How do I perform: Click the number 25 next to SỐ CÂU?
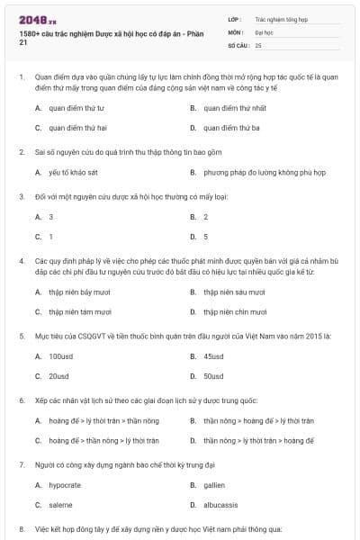[x=258, y=44]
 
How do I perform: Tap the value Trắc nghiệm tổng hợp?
[x=280, y=18]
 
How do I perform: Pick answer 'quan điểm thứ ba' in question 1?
[x=230, y=128]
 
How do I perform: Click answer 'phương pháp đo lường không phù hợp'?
[x=257, y=174]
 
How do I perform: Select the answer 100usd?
[x=60, y=355]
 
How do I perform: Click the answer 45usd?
[x=212, y=355]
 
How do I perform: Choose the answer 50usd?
[x=212, y=375]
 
